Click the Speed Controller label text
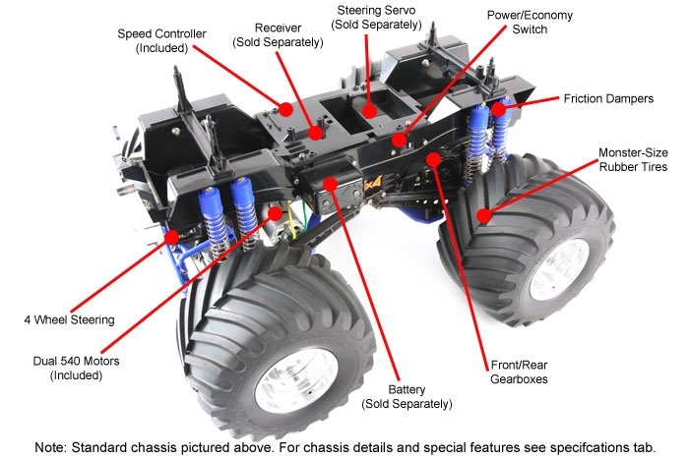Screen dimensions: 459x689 161,40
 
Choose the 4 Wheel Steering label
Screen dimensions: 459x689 70,318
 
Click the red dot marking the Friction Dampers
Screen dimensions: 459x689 499,110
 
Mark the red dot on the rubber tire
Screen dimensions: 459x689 483,214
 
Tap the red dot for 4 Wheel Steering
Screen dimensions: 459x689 173,236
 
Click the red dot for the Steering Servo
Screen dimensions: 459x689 371,111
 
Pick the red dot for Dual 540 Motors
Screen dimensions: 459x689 276,212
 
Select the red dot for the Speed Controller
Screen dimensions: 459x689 284,109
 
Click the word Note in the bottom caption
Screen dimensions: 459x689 51,446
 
